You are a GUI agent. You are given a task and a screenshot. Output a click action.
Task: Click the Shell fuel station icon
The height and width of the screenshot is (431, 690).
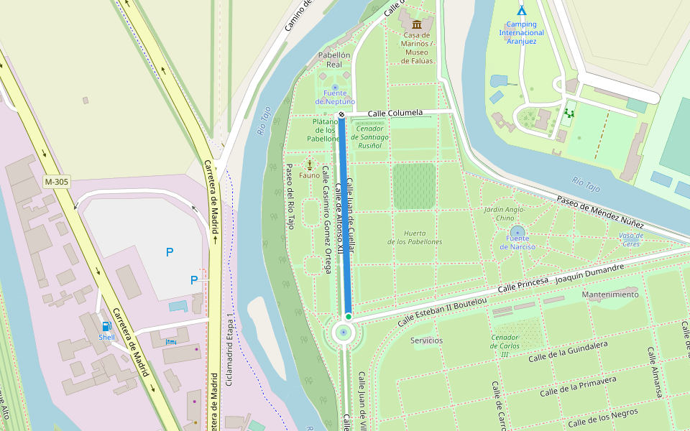click(x=107, y=326)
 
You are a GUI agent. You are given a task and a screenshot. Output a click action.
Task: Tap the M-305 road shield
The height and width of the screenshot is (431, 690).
click(x=56, y=182)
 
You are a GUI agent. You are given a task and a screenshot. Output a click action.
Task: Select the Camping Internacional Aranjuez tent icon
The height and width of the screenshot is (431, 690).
click(x=521, y=11)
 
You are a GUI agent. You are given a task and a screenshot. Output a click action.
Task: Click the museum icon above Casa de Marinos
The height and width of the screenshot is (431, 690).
click(x=417, y=24)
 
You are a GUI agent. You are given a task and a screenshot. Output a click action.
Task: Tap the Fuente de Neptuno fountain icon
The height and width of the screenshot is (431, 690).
click(x=335, y=87)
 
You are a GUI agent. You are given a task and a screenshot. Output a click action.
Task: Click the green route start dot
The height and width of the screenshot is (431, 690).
click(x=348, y=316)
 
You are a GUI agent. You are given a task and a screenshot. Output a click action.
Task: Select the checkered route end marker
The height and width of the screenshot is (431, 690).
click(x=341, y=114)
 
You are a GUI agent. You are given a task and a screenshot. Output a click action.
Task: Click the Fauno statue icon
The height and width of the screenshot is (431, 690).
click(x=310, y=164)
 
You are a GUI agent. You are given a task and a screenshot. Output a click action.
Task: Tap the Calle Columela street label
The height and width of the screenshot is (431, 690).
click(x=395, y=113)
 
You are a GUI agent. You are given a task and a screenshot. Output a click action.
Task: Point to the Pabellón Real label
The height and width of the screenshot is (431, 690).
click(x=334, y=60)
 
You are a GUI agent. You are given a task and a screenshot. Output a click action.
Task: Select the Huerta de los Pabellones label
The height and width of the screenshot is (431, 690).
click(x=415, y=237)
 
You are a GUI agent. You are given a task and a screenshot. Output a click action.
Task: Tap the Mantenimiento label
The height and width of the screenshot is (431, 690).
click(x=609, y=295)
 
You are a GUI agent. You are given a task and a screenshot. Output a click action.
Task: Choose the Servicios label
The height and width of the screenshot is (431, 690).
click(x=426, y=340)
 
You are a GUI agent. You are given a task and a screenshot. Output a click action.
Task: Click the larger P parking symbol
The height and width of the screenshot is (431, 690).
click(x=170, y=252)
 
